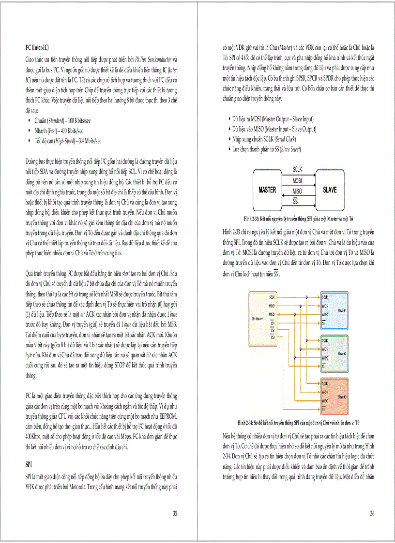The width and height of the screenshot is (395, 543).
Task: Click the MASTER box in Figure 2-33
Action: (x=267, y=190)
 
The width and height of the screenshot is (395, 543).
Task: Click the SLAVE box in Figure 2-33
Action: (x=329, y=190)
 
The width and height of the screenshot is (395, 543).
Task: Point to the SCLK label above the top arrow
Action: (x=298, y=169)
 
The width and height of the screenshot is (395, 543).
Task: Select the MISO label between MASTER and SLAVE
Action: (x=298, y=191)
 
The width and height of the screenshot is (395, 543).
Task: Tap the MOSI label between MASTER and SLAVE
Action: (x=298, y=180)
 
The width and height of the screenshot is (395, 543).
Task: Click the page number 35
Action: (x=175, y=513)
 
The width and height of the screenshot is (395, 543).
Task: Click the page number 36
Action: (x=372, y=513)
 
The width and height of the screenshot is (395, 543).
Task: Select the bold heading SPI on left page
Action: (x=29, y=464)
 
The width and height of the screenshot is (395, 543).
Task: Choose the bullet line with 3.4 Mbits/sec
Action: (x=67, y=141)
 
